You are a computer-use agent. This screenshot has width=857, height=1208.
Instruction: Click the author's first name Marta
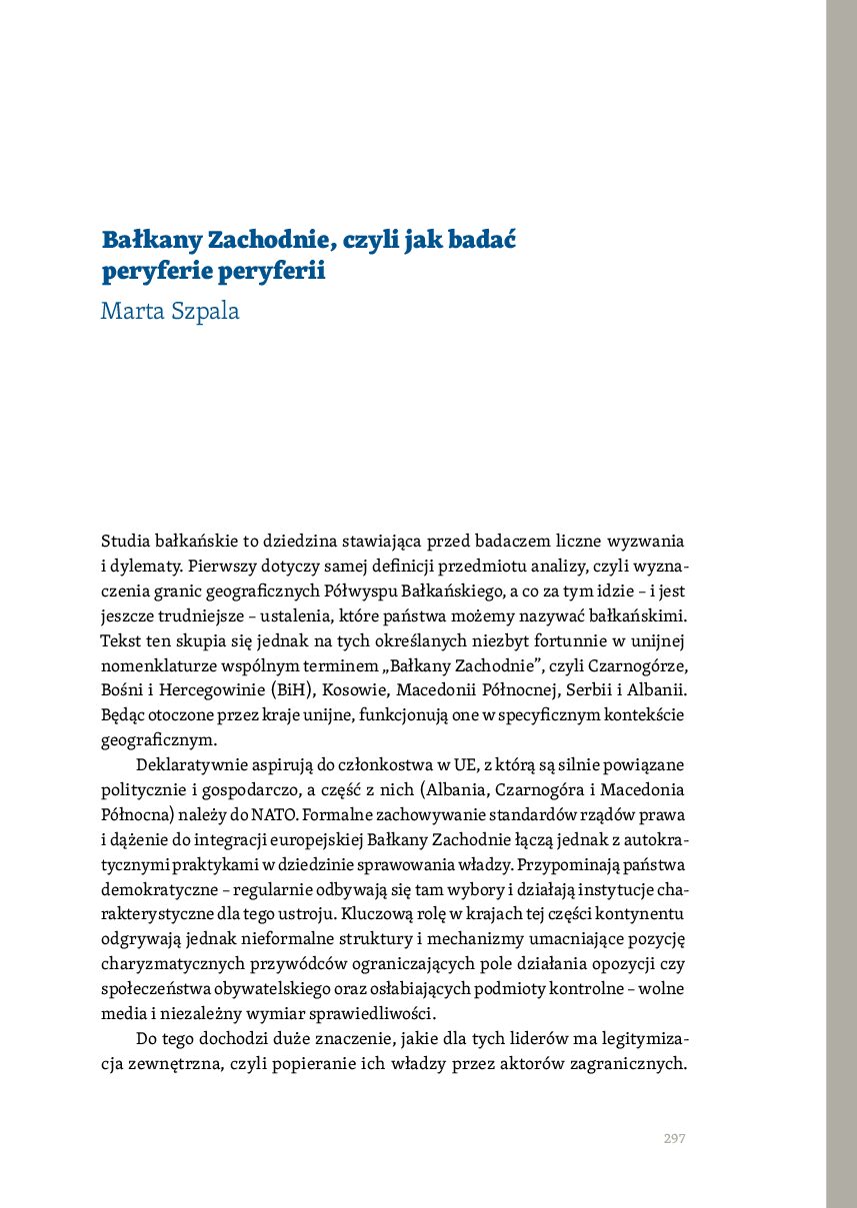pyautogui.click(x=128, y=311)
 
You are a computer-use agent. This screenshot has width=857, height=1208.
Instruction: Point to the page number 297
pyautogui.click(x=674, y=1138)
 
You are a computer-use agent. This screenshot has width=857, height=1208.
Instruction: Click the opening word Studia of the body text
pyautogui.click(x=126, y=542)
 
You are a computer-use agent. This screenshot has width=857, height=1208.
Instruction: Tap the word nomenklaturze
pyautogui.click(x=160, y=664)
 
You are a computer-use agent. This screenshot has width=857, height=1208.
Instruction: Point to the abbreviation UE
pyautogui.click(x=465, y=764)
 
